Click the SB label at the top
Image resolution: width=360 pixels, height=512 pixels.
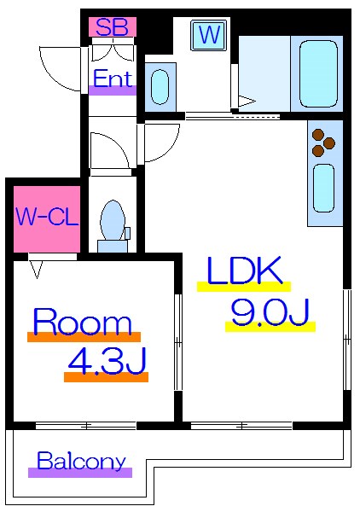[113, 27]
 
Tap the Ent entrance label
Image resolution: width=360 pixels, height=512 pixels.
[113, 79]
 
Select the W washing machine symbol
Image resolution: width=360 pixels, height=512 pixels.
[209, 35]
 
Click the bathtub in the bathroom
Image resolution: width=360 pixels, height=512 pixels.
[317, 73]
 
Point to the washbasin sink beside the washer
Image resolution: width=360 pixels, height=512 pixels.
[160, 87]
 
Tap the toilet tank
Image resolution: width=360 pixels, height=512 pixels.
[113, 247]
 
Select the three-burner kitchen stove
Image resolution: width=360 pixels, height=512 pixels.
[323, 143]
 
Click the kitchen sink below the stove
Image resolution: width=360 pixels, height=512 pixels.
[324, 189]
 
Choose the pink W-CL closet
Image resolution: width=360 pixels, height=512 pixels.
[47, 218]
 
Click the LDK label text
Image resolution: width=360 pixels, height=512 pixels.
[244, 271]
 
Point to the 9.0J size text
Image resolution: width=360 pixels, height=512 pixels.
[270, 312]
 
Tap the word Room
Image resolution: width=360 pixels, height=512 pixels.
[83, 322]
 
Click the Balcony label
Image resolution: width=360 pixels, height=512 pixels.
[81, 461]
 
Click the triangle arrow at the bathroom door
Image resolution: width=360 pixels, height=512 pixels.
[246, 101]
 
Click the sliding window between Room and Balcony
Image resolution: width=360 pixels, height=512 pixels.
[85, 426]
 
